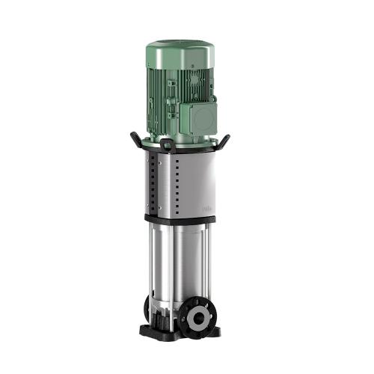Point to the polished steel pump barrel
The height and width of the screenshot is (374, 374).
(x=180, y=262)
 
